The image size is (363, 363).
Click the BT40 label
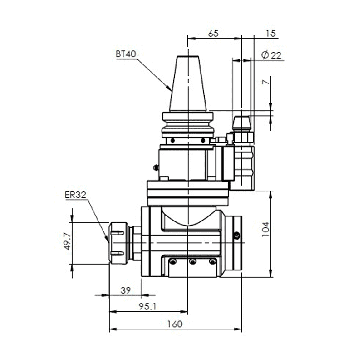(126, 54)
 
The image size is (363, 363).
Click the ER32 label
(75, 195)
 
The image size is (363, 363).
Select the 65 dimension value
(213, 34)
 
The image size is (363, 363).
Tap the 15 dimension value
(271, 34)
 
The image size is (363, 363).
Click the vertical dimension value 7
(266, 82)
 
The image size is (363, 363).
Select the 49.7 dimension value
(67, 242)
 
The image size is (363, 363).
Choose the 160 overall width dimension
(174, 324)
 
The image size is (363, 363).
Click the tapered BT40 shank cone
(187, 84)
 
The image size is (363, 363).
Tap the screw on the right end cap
(236, 235)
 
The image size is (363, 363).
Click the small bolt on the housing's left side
(156, 167)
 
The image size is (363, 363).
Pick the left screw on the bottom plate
(172, 261)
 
